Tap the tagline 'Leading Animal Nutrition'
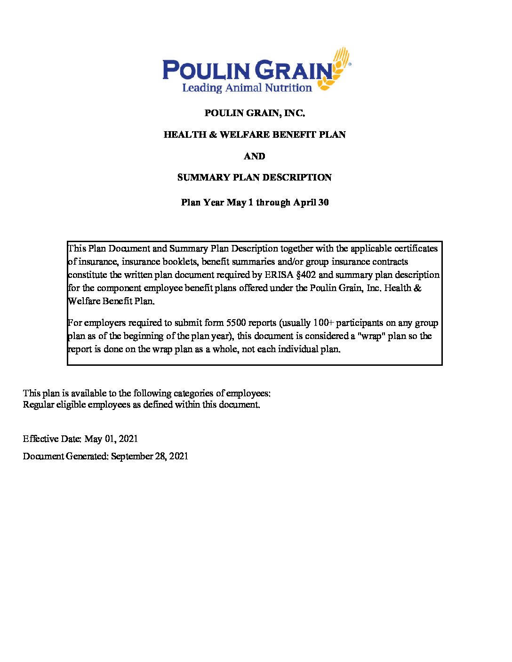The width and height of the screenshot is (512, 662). coord(247,87)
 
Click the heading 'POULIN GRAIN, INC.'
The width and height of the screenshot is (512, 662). coord(255,113)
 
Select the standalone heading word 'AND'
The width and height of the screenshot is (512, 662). coord(255,156)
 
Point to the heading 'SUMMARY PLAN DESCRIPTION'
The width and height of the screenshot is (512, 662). coord(255,178)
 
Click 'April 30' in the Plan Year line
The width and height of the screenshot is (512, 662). coord(311,203)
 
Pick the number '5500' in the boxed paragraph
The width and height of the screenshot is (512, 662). coord(236,323)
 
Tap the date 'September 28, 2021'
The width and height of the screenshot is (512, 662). coord(150,456)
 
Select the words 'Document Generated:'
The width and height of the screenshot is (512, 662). coord(65,456)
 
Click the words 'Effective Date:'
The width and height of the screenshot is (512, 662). coord(52,439)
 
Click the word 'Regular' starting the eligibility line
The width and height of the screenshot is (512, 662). coord(39,405)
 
